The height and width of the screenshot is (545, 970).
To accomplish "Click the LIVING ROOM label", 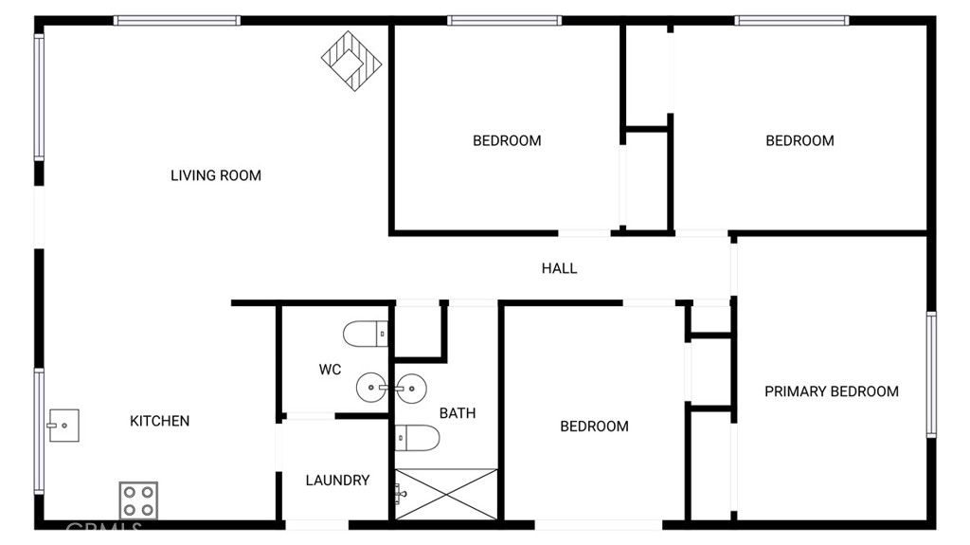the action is click(216, 176).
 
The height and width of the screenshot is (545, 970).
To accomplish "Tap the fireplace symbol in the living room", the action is click(351, 61).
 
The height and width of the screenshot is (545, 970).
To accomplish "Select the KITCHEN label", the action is click(159, 421).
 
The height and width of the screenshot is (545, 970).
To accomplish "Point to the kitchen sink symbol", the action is click(63, 426).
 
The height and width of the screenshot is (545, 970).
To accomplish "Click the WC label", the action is click(330, 370).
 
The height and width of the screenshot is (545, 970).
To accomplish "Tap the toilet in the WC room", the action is click(366, 334).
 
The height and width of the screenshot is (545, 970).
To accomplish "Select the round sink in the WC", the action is click(371, 388).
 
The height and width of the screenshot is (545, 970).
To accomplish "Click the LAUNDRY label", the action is click(338, 481).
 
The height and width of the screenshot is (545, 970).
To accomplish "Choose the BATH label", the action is click(458, 413).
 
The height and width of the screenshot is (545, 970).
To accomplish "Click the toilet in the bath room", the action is click(418, 438).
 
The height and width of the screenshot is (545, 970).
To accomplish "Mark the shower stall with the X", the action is click(446, 494).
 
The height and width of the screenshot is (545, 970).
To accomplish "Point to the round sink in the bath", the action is click(411, 388).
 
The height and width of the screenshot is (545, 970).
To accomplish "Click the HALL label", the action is click(559, 269).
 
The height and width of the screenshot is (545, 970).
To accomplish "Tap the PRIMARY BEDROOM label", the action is click(832, 391).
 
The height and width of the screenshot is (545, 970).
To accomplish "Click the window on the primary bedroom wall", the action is click(931, 374).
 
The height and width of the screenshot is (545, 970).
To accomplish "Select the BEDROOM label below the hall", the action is click(595, 427).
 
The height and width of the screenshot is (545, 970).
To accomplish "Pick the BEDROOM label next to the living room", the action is click(508, 141).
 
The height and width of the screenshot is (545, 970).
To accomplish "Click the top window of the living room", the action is click(177, 21).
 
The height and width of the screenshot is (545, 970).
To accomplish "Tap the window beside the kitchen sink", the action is click(39, 431).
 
